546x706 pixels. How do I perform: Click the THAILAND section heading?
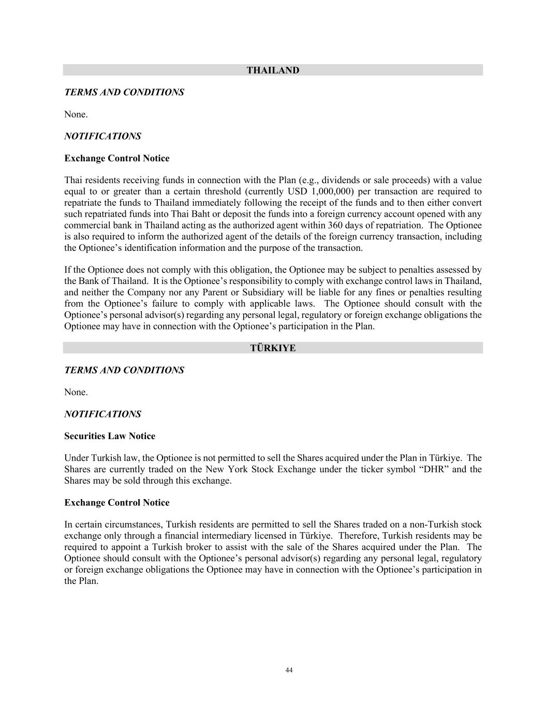point(273,70)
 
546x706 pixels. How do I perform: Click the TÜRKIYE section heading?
point(273,348)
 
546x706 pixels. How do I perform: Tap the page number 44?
point(289,670)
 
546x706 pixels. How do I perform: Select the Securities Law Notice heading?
point(110,436)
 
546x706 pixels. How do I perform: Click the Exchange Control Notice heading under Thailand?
point(116,158)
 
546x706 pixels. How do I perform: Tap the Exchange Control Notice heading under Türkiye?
point(116,503)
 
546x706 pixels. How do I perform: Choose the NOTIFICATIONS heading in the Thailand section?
point(102,136)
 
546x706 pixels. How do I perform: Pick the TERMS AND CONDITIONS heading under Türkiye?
point(124,370)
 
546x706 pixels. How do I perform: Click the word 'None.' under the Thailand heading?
point(76,114)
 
